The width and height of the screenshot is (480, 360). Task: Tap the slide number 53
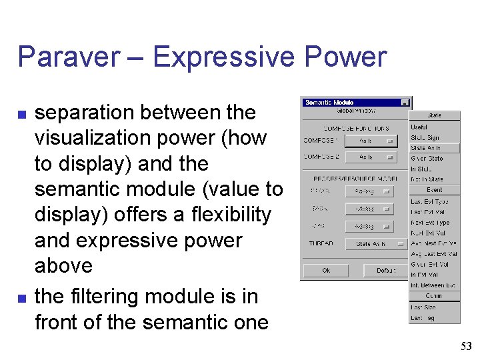465,346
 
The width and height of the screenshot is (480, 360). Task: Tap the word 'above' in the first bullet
63,265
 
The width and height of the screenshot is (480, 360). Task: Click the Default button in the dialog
385,271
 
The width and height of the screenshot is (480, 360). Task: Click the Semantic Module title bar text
329,103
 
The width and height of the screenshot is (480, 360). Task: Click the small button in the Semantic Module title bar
404,103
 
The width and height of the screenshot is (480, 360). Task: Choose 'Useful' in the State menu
419,127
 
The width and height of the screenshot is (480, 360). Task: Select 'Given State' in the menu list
426,159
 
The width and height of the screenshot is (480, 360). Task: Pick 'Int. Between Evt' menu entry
433,285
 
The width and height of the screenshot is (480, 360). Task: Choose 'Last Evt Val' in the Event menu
428,212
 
